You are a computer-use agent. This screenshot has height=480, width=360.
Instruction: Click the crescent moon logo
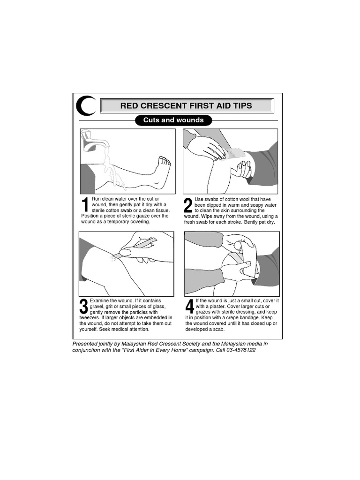click(85, 105)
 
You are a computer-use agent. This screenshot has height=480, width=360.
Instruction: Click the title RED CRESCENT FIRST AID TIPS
click(186, 106)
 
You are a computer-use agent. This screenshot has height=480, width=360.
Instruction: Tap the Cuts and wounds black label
click(173, 120)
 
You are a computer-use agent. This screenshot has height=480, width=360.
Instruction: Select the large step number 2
click(188, 206)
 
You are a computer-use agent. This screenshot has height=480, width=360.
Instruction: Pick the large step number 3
click(84, 307)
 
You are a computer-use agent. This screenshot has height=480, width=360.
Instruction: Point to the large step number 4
click(189, 307)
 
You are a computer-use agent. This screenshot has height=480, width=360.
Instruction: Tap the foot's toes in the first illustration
click(164, 162)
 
